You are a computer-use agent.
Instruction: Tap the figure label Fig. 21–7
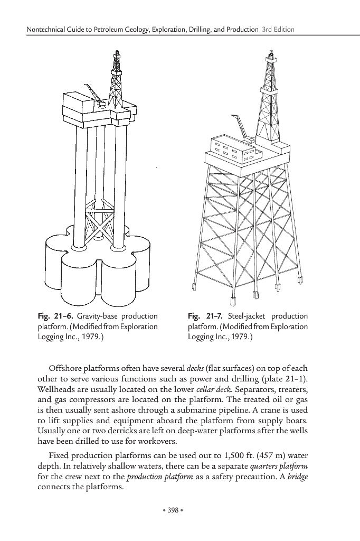coord(206,316)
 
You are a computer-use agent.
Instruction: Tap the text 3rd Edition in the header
coord(278,29)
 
